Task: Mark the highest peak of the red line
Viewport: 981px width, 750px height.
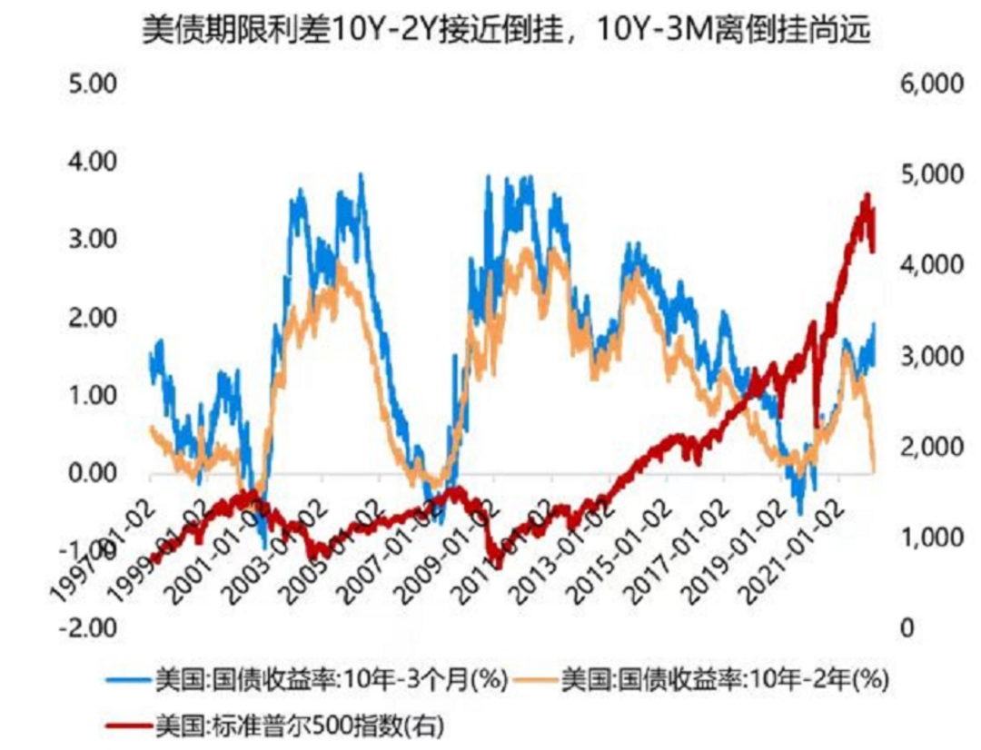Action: tap(866, 195)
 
